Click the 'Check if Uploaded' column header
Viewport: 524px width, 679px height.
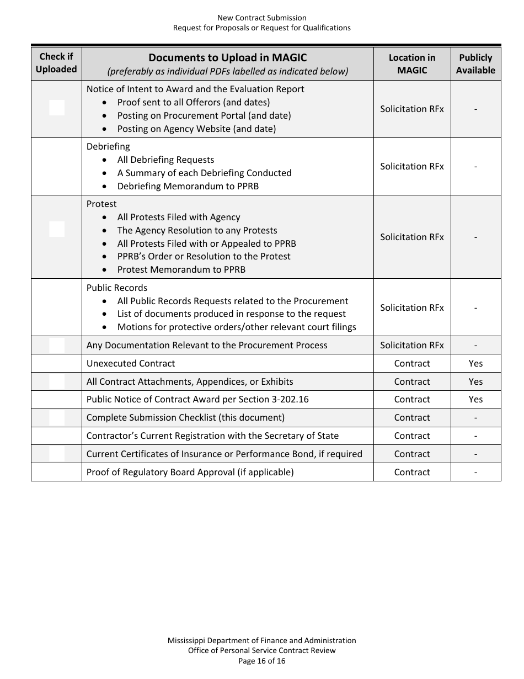coord(56,63)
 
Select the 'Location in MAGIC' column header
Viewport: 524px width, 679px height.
coord(411,63)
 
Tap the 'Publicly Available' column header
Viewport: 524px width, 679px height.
coord(475,63)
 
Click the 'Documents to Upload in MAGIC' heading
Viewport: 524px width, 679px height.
coord(227,57)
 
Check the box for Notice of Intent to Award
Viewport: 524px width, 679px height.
coord(57,108)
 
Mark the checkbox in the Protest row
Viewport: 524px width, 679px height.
coord(57,229)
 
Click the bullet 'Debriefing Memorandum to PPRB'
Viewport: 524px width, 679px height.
coord(188,186)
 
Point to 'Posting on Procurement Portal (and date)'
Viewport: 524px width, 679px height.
coord(204,115)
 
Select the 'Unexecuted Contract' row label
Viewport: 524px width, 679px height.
coord(131,363)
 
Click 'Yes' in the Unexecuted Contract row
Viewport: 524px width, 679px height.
coord(475,363)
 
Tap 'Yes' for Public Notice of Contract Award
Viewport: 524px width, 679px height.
coord(475,399)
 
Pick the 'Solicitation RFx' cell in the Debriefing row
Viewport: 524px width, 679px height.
coord(411,166)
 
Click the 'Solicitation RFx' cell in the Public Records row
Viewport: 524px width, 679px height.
coord(411,307)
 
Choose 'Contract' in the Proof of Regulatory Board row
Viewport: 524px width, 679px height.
coord(411,472)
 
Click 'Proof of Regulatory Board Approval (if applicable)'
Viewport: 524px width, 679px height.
coord(190,472)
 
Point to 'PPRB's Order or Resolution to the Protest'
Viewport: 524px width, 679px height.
coord(204,256)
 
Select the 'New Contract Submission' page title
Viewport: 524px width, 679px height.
coord(261,18)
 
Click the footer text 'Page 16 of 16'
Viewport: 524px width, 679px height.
coord(261,660)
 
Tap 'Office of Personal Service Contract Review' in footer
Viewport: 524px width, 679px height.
coord(261,650)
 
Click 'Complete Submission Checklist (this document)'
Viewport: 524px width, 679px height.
coord(185,417)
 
